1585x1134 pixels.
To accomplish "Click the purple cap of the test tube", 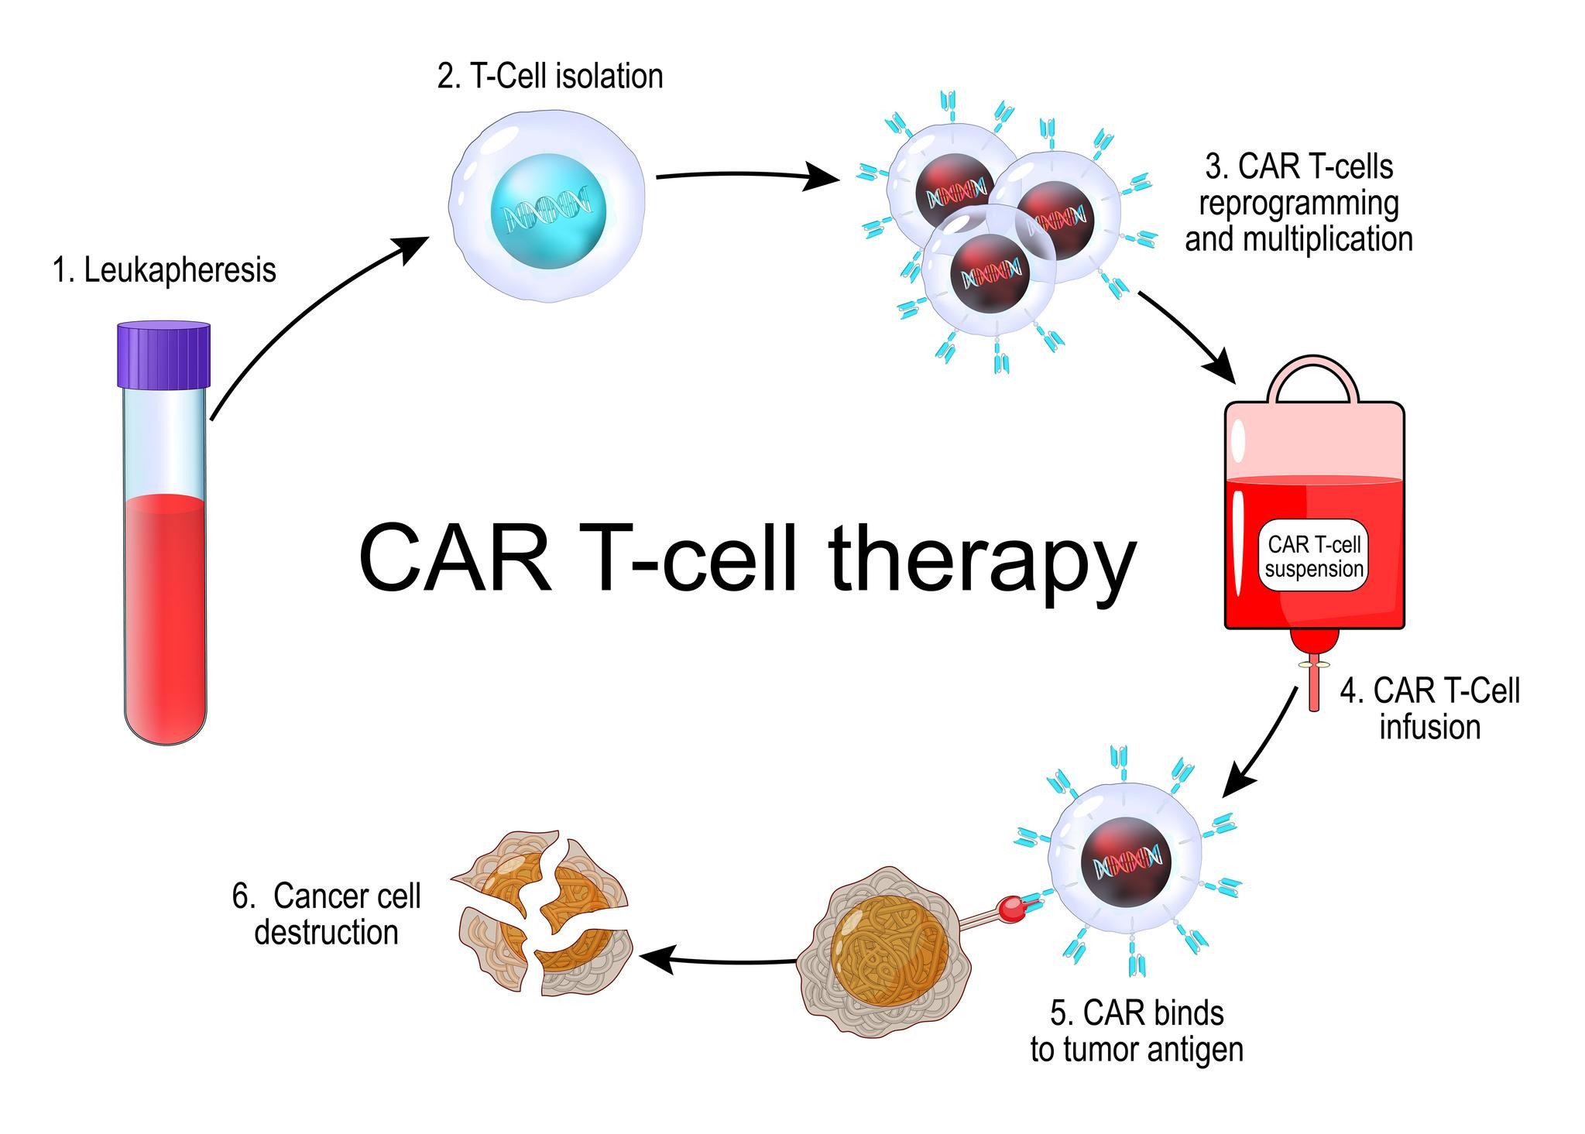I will point(163,355).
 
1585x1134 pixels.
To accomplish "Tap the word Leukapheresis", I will point(180,270).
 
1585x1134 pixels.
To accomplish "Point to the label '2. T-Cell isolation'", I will point(550,77).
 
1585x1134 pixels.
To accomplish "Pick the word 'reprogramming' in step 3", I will point(1299,204).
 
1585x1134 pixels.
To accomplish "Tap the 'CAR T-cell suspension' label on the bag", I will point(1314,556).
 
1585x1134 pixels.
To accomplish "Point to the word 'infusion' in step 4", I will point(1429,728).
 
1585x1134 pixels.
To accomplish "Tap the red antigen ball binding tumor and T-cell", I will point(1010,907).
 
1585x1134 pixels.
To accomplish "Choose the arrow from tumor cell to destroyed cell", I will point(720,962).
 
